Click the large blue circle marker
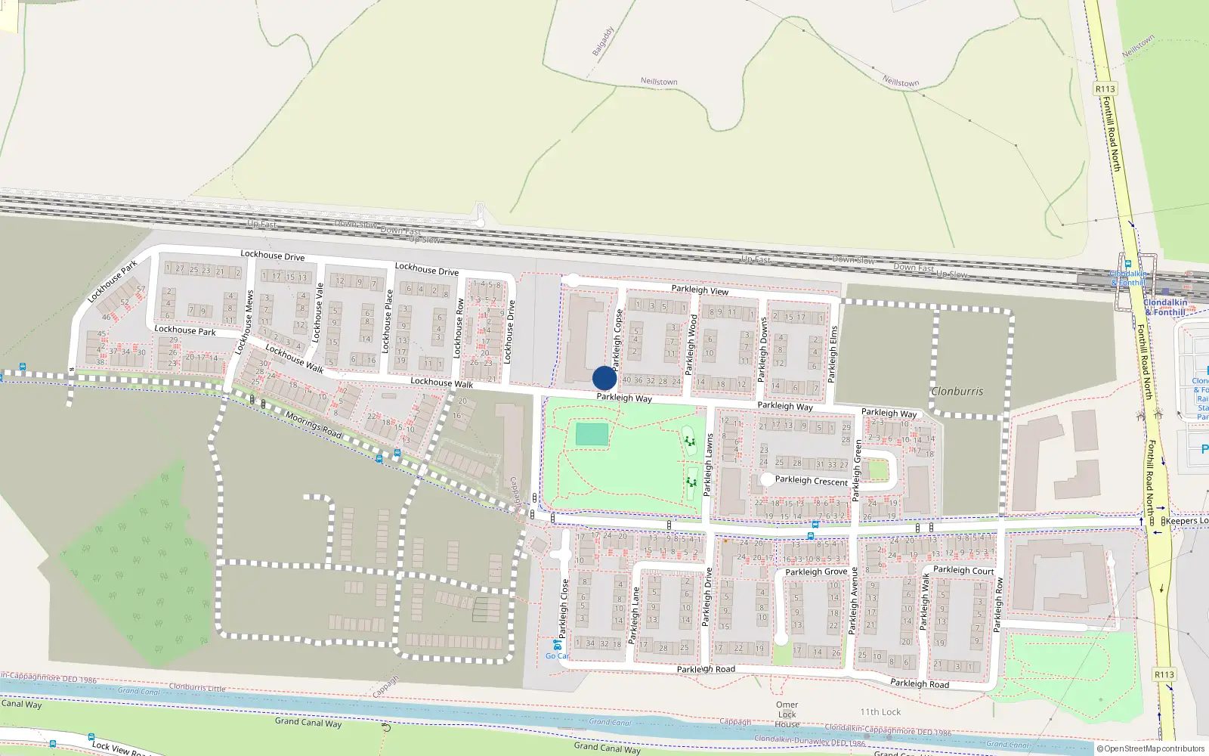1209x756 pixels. tap(604, 378)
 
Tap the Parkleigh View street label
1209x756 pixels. tap(700, 290)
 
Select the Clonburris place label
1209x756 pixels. tap(957, 392)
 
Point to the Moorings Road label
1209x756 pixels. tap(313, 424)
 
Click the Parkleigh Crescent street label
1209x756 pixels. tap(811, 480)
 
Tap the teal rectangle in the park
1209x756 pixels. tap(592, 435)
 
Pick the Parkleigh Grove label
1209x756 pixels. tap(816, 572)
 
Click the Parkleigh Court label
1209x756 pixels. tap(963, 570)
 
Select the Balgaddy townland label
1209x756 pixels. tap(603, 42)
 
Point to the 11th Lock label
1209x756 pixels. tap(880, 712)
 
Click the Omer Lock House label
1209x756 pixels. tap(787, 714)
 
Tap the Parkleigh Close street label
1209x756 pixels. tap(564, 609)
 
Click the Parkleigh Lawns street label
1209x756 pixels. tap(709, 465)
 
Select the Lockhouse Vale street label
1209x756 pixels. tap(319, 311)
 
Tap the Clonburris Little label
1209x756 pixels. tap(197, 688)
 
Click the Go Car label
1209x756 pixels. tap(557, 655)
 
